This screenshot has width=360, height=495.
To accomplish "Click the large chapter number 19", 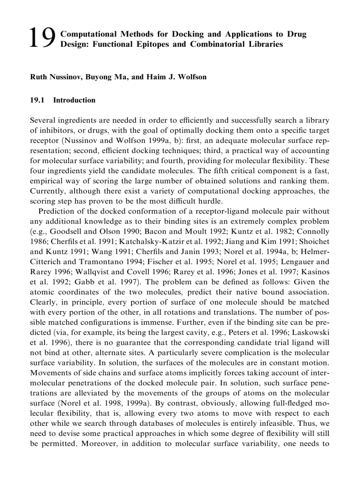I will point(42,38).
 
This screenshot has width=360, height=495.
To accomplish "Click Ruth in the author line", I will point(38,77).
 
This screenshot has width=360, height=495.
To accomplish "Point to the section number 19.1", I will point(37,100).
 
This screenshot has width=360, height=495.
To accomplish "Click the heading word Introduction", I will point(74,100).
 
